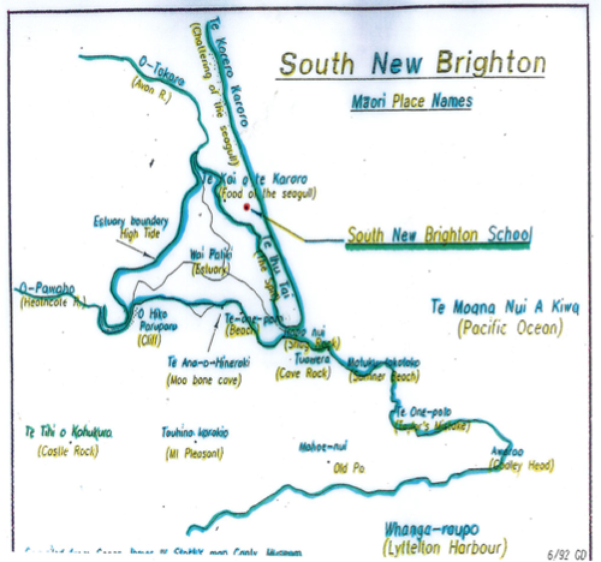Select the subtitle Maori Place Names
point(412,101)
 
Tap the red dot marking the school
point(246,207)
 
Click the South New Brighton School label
point(439,236)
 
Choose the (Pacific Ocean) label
point(510,328)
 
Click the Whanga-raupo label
point(431,530)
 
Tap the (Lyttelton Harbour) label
point(445,547)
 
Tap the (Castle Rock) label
point(67,452)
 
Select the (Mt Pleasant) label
point(194,454)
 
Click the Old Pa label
point(349,469)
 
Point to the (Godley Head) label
point(522,465)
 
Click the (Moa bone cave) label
point(204,379)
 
